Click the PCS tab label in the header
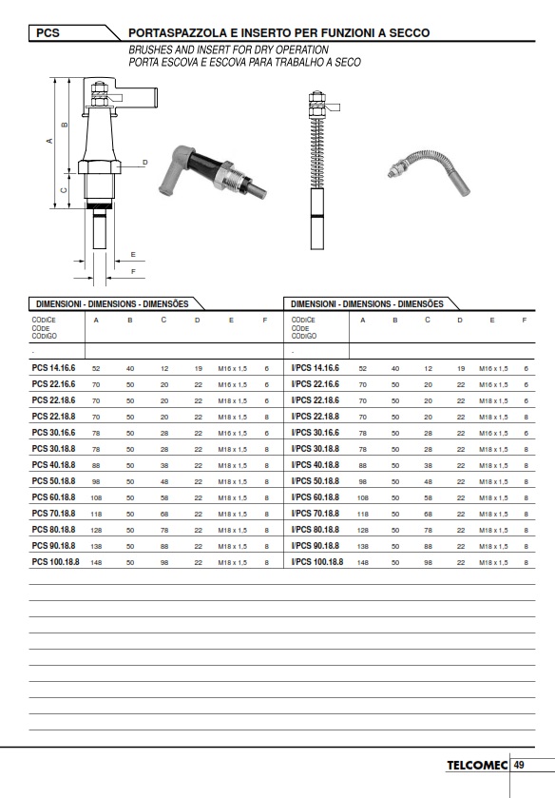pos(48,33)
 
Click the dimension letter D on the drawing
pos(145,163)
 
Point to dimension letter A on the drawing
pos(49,141)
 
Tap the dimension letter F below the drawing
pos(133,272)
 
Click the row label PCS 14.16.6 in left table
pos(53,368)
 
